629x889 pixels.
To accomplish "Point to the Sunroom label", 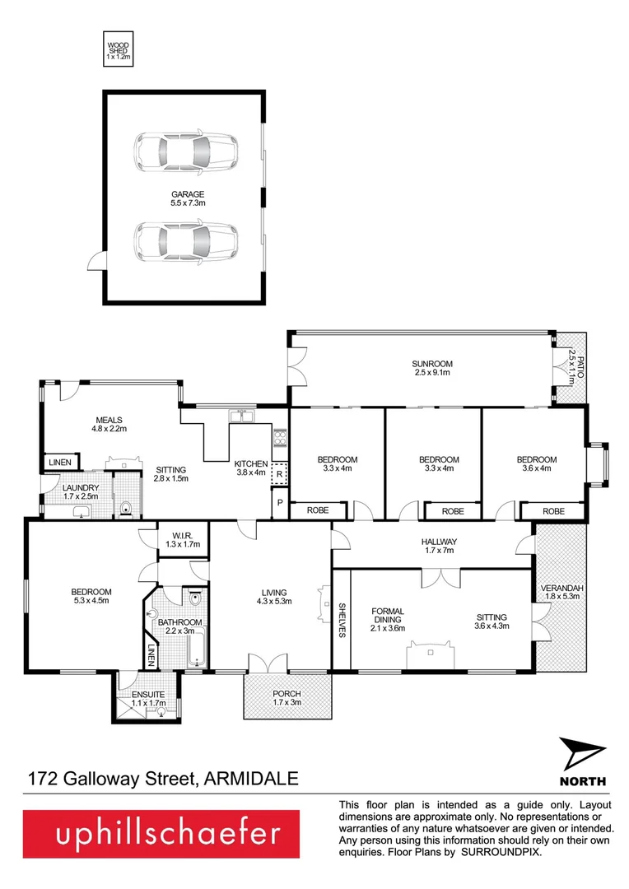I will click(x=432, y=368).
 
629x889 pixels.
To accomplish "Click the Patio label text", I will click(x=571, y=367).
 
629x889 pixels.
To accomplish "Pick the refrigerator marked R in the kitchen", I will click(x=279, y=475).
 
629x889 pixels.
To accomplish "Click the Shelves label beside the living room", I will click(x=341, y=620).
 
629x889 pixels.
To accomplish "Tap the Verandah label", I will click(x=561, y=593).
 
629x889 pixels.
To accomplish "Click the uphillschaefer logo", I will click(x=167, y=835).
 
